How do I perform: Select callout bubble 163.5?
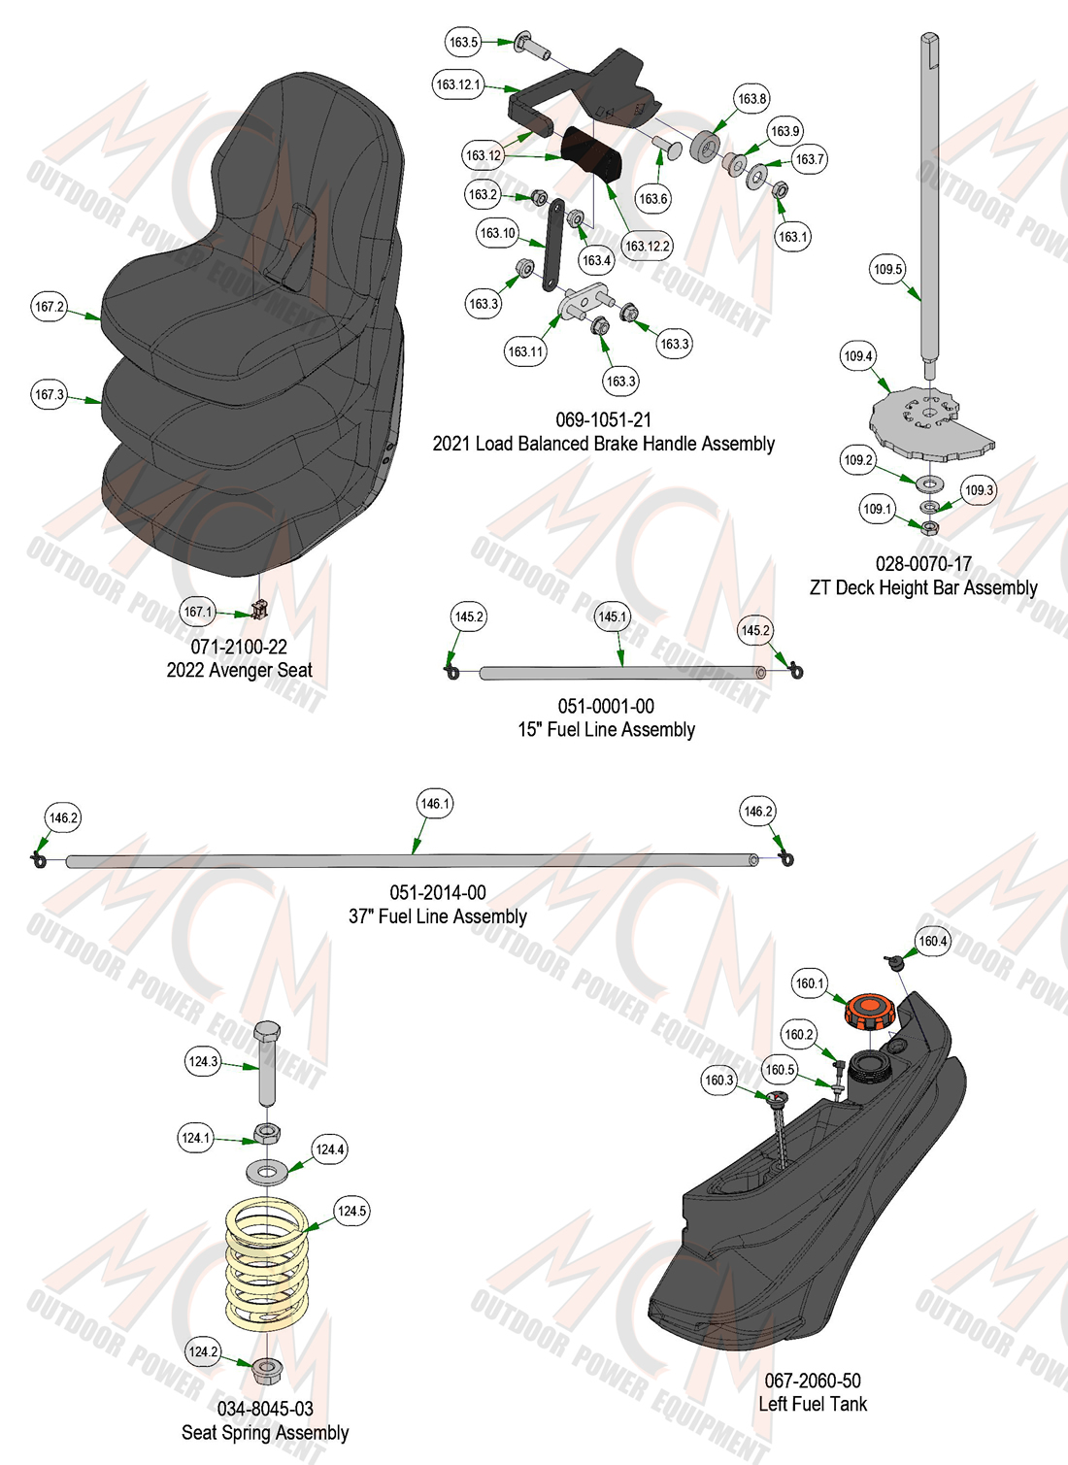click(x=463, y=42)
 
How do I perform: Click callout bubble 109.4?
click(x=858, y=356)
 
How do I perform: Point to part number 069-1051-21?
click(x=604, y=419)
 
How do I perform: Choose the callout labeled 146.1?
click(x=435, y=804)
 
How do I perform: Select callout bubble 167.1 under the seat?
click(x=197, y=612)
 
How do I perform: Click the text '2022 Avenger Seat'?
click(x=240, y=670)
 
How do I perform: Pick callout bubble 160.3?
click(x=718, y=1080)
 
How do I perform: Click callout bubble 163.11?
click(x=526, y=351)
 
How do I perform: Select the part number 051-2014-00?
click(x=438, y=893)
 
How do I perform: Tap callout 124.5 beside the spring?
click(x=351, y=1211)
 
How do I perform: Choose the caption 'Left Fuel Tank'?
click(x=813, y=1404)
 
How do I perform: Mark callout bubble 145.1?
click(x=612, y=616)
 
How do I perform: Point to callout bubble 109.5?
click(x=887, y=269)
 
